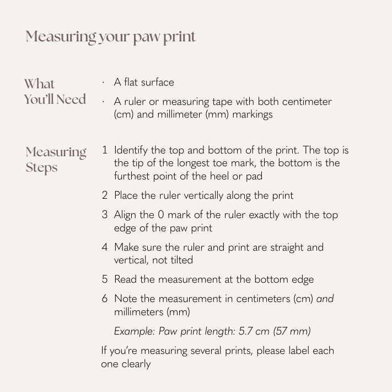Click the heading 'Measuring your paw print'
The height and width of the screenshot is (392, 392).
point(110,37)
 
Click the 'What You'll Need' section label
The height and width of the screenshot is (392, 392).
point(55,92)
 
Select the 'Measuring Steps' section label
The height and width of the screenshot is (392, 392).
point(56,160)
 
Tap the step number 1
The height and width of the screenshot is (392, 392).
point(105,150)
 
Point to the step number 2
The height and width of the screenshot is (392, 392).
point(104,195)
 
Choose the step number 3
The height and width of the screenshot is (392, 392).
point(104,215)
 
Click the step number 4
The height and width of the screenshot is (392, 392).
point(104,247)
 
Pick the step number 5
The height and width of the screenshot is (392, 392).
point(104,279)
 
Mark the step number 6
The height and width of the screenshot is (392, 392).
point(104,299)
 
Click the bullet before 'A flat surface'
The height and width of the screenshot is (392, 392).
point(103,83)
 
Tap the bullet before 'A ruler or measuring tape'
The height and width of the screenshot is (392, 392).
point(103,102)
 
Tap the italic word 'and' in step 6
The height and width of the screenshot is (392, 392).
point(325,299)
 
